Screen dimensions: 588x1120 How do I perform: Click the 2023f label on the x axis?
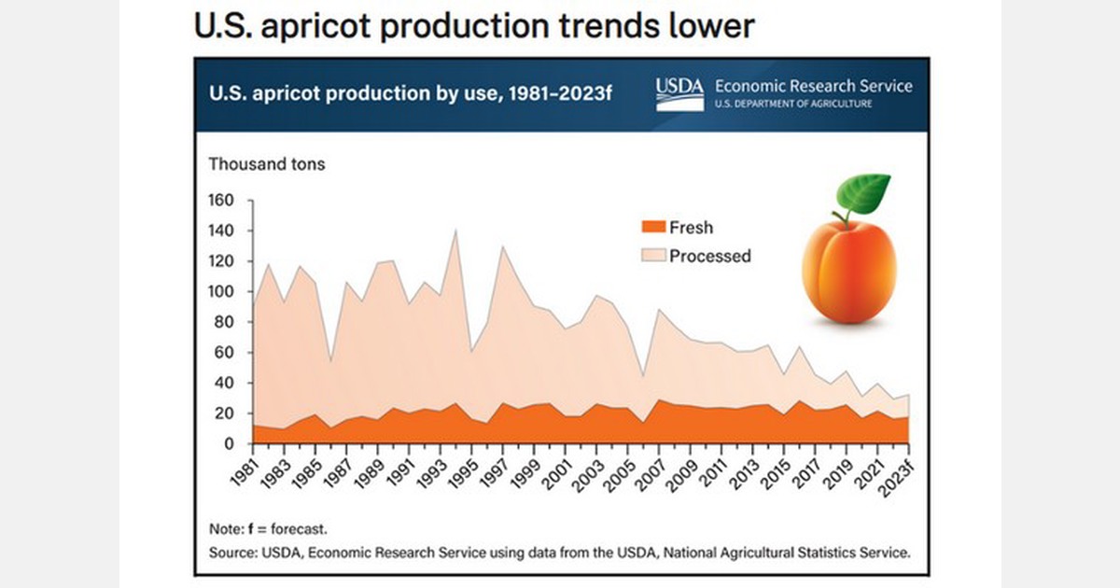tap(898, 473)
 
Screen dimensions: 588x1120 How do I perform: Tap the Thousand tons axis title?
tap(266, 164)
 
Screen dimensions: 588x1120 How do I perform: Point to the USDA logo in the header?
tap(679, 93)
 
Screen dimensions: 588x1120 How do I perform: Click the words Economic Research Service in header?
tap(813, 86)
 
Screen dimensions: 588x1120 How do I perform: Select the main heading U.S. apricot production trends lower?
tap(473, 25)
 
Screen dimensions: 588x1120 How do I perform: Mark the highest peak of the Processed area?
tap(455, 230)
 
